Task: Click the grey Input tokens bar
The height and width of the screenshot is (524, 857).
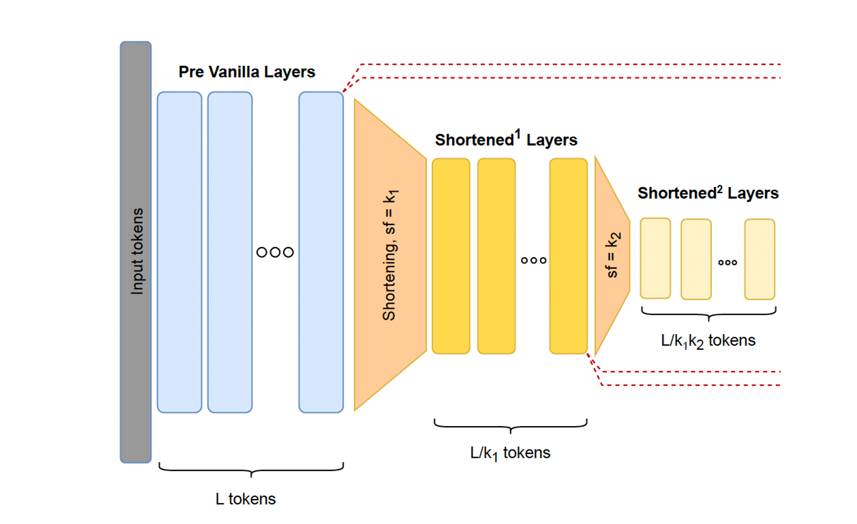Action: (136, 252)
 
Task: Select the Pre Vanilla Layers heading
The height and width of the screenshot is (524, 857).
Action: (246, 72)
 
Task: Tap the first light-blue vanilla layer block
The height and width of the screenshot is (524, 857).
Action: (180, 252)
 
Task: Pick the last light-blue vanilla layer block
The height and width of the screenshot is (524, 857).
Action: (321, 252)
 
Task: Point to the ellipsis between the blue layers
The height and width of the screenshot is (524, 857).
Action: (275, 253)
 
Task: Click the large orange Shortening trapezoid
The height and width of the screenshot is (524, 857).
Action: (390, 255)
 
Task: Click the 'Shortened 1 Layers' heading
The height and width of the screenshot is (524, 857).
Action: (506, 139)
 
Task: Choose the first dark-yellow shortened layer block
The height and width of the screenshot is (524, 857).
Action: (451, 256)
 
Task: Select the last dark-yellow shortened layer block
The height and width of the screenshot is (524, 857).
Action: (569, 256)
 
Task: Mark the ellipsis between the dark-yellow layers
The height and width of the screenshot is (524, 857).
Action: (533, 260)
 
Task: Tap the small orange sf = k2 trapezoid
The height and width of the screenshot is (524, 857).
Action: (612, 255)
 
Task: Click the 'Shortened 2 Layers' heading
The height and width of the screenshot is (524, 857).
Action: (708, 193)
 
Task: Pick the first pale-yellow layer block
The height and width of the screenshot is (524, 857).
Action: (655, 258)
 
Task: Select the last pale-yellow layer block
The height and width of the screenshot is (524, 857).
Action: (760, 259)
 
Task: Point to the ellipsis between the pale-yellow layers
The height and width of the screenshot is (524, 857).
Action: (728, 263)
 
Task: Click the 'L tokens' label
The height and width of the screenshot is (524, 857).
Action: (245, 499)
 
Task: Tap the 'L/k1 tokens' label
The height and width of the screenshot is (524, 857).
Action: (510, 453)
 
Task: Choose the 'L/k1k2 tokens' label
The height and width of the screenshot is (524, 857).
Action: (708, 341)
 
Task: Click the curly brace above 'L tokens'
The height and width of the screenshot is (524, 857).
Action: (251, 469)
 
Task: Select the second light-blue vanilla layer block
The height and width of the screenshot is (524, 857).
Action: (230, 252)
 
